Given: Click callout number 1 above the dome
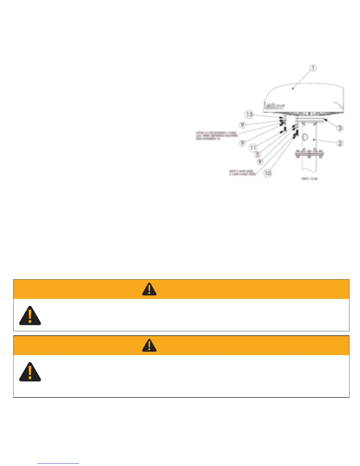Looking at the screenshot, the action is [313, 68].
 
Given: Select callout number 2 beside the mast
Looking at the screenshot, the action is [340, 143].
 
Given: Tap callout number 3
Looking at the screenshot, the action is [340, 128].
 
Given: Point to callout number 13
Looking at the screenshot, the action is [249, 114].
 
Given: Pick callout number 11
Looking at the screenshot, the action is [253, 148].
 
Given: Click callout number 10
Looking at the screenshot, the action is [268, 173].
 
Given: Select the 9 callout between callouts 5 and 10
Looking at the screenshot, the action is [260, 162].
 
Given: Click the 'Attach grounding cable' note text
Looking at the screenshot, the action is [217, 136].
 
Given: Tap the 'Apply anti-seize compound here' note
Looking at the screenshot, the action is [243, 173].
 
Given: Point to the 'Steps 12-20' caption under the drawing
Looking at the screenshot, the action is [309, 179].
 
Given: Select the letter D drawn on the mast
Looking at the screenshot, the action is [305, 137].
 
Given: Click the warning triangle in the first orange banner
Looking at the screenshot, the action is [149, 289].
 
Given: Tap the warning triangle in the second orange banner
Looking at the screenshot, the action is [149, 345].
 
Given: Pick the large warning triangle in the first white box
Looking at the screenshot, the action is [30, 316].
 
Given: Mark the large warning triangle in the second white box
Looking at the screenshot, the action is [30, 372].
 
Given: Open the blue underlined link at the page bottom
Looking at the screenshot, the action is [59, 463].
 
